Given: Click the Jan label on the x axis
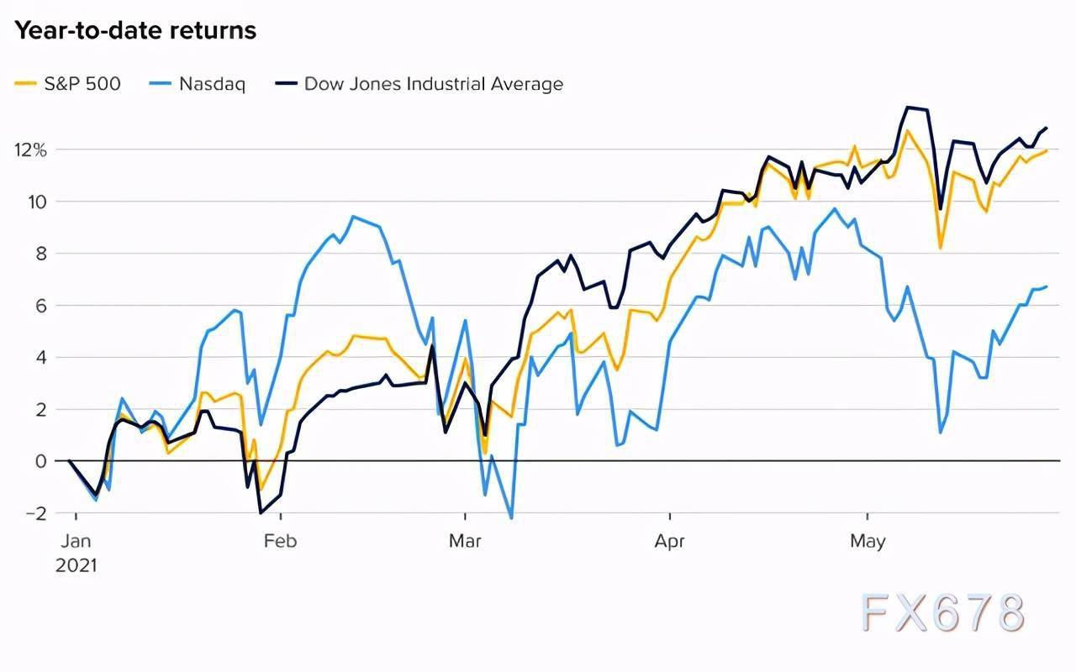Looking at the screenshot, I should pos(76,541).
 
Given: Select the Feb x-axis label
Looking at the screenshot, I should pos(280,541).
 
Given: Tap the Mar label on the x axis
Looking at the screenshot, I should pos(465,541).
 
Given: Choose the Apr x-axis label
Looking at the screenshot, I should pos(669,541).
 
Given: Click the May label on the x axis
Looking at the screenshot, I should pos(867,541).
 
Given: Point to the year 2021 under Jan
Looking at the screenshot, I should pos(76,565).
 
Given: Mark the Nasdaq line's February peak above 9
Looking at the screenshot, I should pos(353,217).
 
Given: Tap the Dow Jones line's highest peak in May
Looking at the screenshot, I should pos(908,108).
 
